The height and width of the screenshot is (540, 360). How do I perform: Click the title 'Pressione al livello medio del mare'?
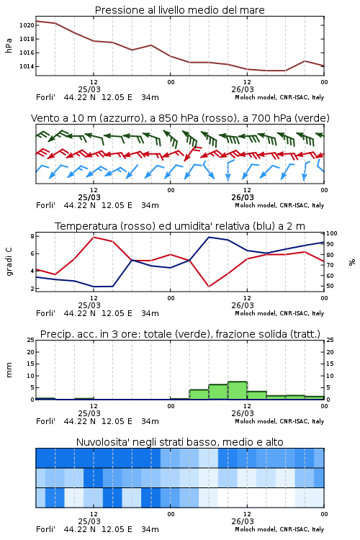pyautogui.click(x=179, y=10)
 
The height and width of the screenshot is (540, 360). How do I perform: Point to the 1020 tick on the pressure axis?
pyautogui.click(x=27, y=25)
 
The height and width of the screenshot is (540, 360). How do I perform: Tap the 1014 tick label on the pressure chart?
pyautogui.click(x=27, y=66)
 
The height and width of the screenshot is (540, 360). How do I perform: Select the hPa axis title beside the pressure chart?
pyautogui.click(x=9, y=45)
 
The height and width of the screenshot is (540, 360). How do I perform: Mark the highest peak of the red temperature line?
pyautogui.click(x=94, y=237)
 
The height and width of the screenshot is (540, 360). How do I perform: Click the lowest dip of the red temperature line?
pyautogui.click(x=209, y=287)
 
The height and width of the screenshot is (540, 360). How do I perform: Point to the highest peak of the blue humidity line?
pyautogui.click(x=209, y=237)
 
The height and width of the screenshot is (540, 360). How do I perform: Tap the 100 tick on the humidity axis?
pyautogui.click(x=332, y=233)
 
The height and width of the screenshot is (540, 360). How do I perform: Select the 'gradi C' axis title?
pyautogui.click(x=9, y=261)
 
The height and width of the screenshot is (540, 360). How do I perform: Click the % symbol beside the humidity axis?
pyautogui.click(x=352, y=262)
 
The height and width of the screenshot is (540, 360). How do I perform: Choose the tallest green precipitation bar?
pyautogui.click(x=238, y=390)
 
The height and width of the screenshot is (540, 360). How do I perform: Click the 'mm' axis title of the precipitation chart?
pyautogui.click(x=9, y=370)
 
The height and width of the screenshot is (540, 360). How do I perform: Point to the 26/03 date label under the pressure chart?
pyautogui.click(x=243, y=89)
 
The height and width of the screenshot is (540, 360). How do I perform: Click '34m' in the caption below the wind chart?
pyautogui.click(x=150, y=206)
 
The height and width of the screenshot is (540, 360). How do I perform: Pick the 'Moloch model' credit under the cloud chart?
pyautogui.click(x=256, y=529)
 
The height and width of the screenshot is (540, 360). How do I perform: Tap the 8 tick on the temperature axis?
pyautogui.click(x=32, y=236)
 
